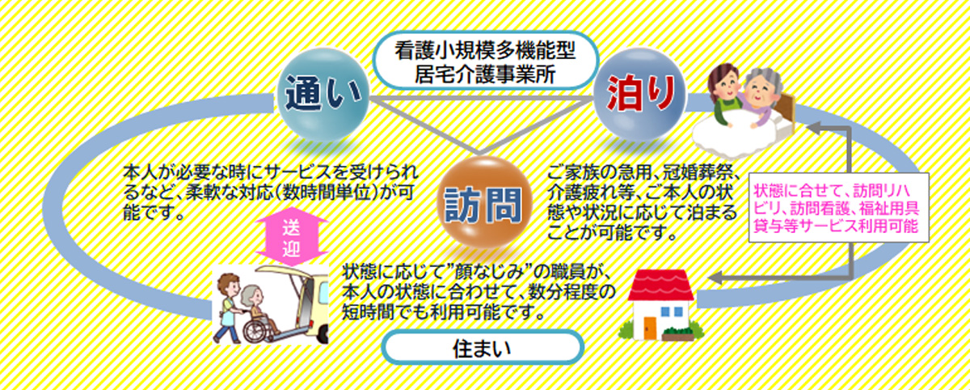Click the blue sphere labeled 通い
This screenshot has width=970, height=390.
tap(323, 95)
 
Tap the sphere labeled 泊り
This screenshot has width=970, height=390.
tap(639, 95)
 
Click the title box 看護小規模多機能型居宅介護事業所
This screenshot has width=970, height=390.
tap(486, 61)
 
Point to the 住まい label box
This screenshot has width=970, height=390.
tap(483, 348)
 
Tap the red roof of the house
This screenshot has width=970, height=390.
tap(661, 285)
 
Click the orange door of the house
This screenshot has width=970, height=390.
tap(650, 328)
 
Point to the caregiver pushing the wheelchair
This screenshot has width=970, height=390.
tap(228, 307)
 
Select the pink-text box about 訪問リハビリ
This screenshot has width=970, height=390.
tap(839, 208)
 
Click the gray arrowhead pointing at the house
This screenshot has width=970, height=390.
tap(715, 278)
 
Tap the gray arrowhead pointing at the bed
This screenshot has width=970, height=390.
tap(813, 128)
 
